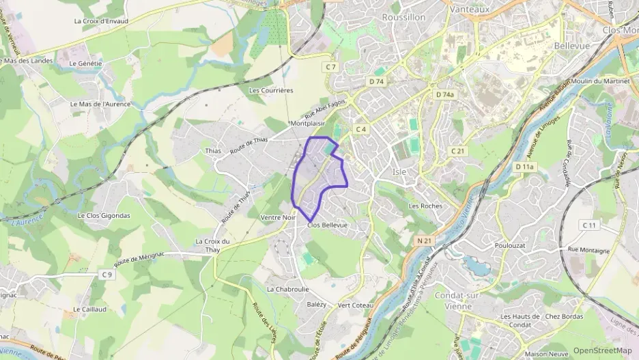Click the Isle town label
pyautogui.click(x=399, y=171)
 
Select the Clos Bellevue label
pyautogui.click(x=328, y=225)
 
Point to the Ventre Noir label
pyautogui.click(x=278, y=218)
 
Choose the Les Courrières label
pyautogui.click(x=271, y=90)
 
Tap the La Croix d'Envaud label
pyautogui.click(x=101, y=21)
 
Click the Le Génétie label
pyautogui.click(x=85, y=64)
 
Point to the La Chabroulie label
pyautogui.click(x=288, y=289)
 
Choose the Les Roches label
pyautogui.click(x=425, y=206)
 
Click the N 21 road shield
pyautogui.click(x=425, y=240)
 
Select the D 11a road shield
pyautogui.click(x=524, y=167)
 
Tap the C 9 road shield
pyautogui.click(x=106, y=275)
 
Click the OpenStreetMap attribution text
pyautogui.click(x=602, y=350)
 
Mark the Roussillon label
pyautogui.click(x=403, y=17)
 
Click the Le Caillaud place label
pyautogui.click(x=89, y=309)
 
